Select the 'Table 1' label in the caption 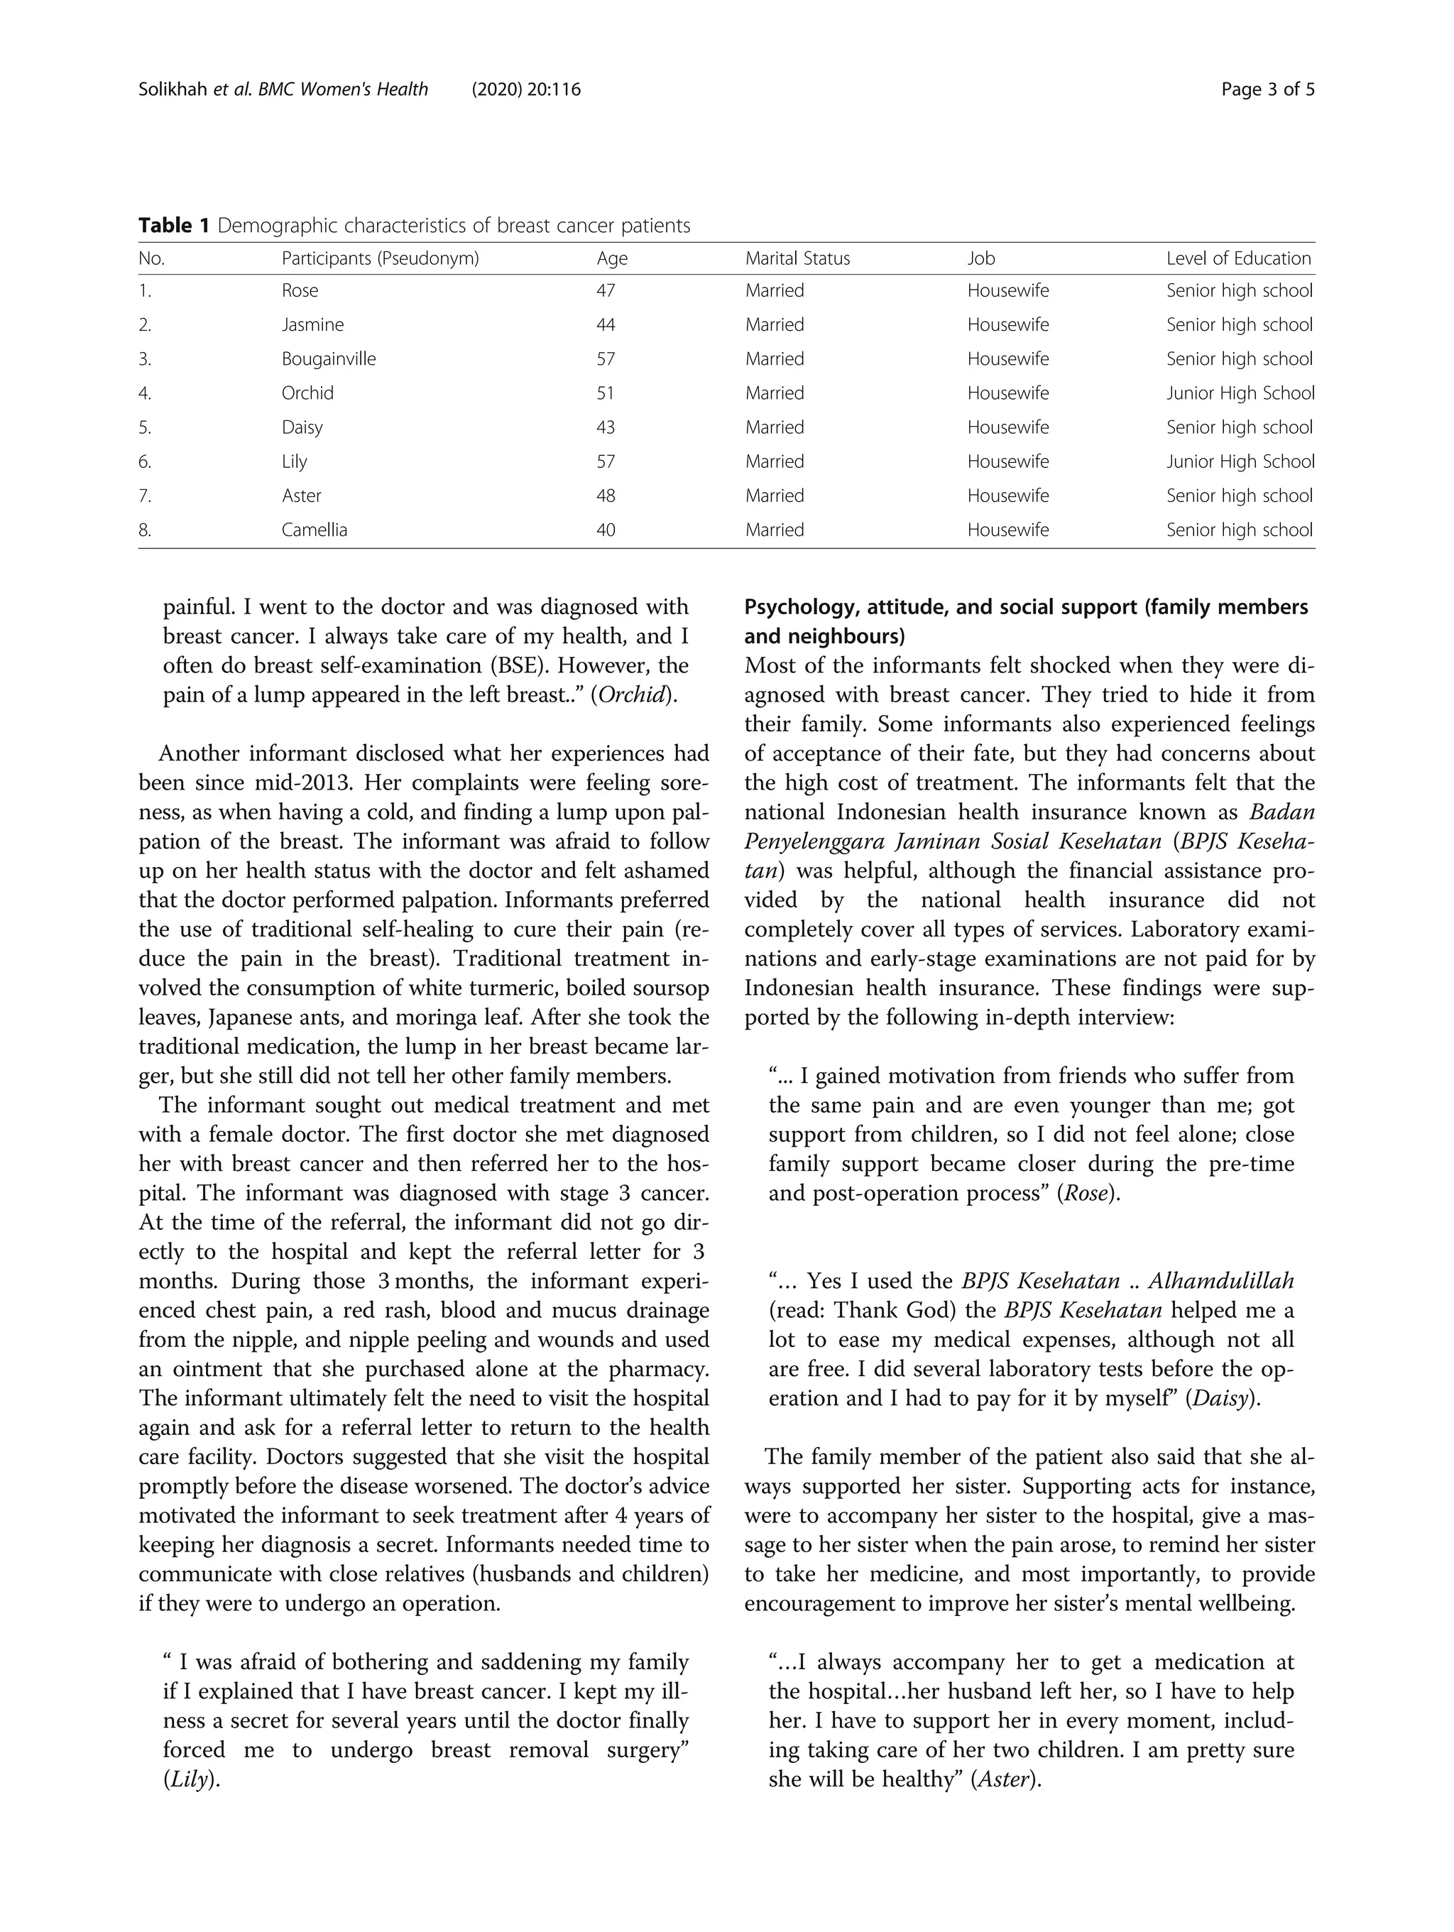[x=174, y=225]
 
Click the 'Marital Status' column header [x=797, y=258]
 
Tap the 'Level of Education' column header [x=1237, y=258]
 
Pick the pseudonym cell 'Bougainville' [x=328, y=359]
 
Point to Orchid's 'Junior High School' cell [x=1239, y=393]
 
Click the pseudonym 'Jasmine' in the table [x=312, y=325]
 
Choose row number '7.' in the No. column [x=145, y=496]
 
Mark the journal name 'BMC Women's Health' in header [x=343, y=89]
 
